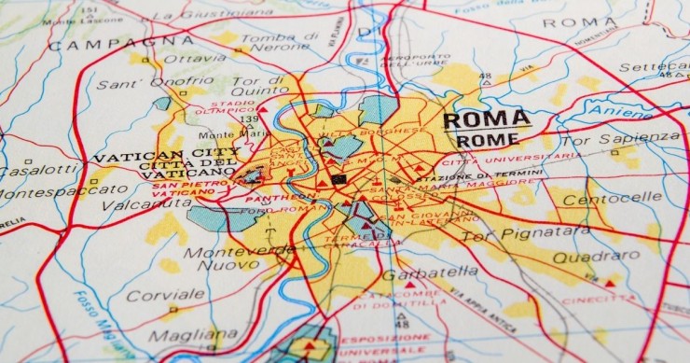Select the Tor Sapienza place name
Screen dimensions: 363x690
[x=632, y=140]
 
